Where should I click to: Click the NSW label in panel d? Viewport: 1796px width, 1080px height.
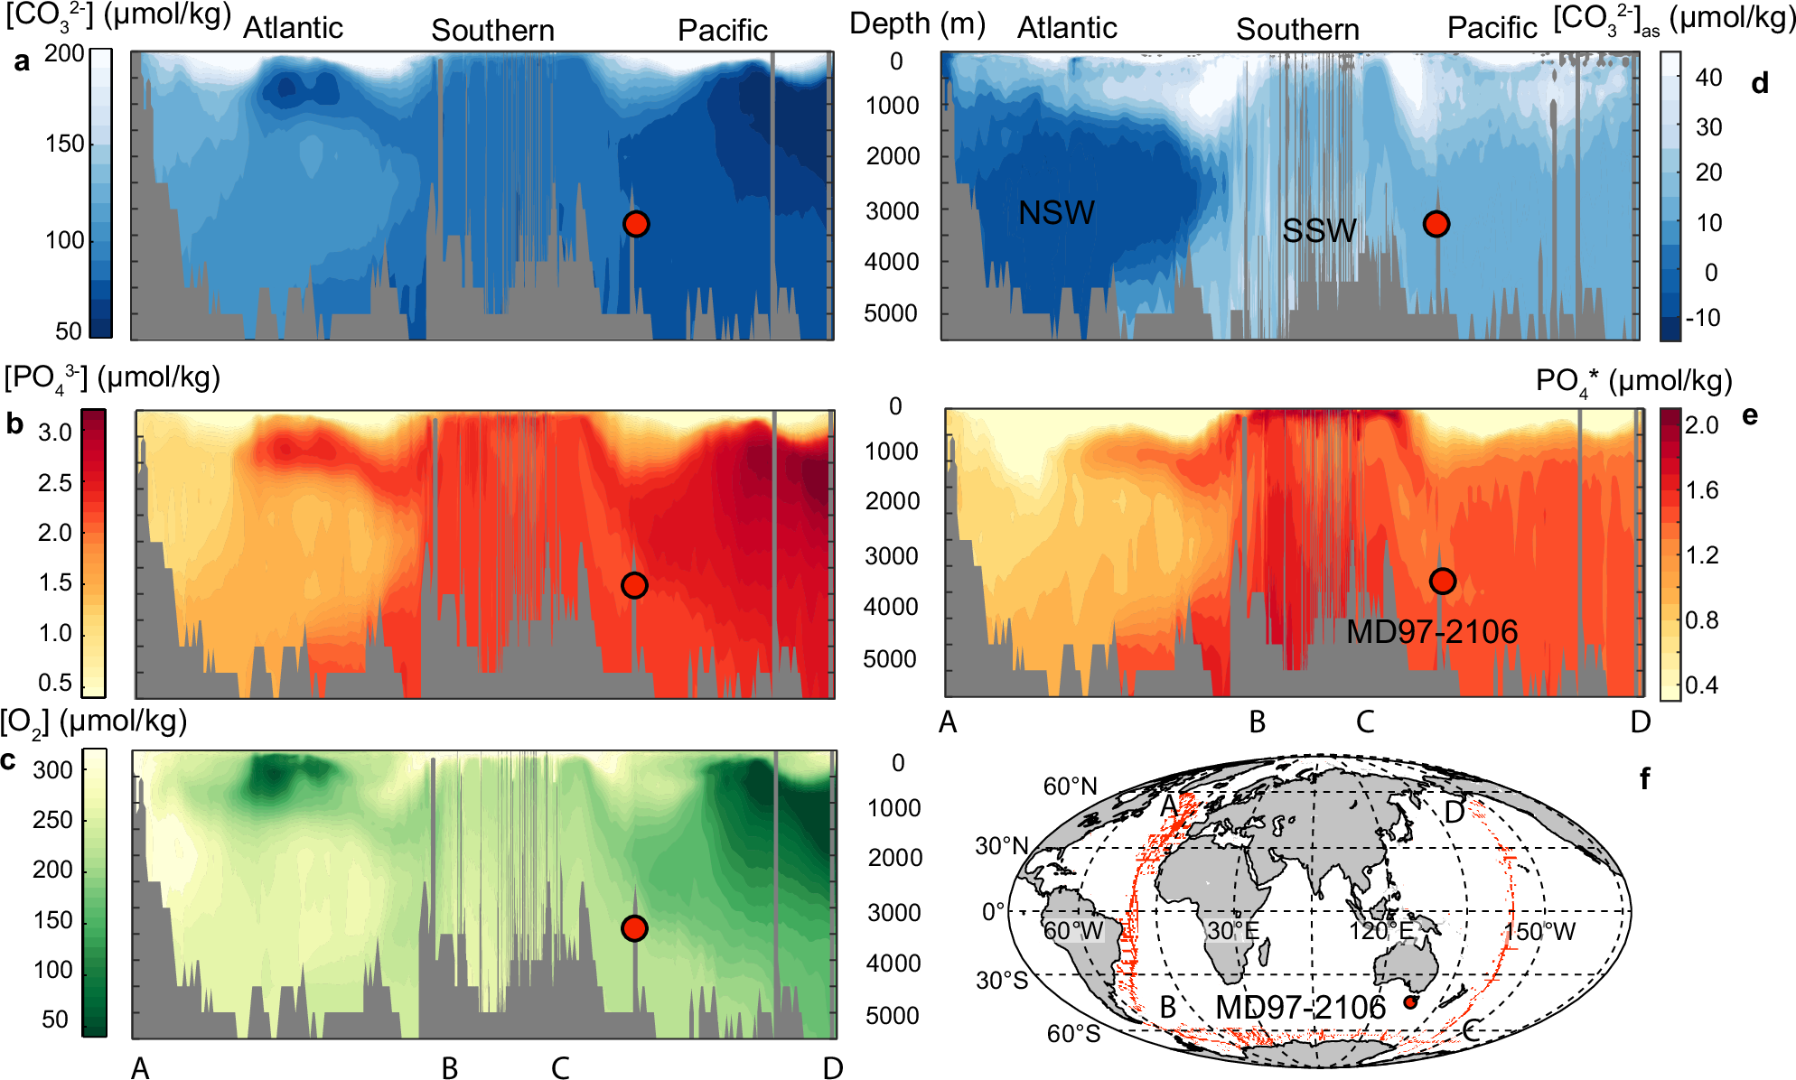(1055, 213)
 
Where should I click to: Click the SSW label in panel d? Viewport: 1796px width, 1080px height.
(1319, 231)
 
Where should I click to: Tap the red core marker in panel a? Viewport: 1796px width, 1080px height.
(636, 224)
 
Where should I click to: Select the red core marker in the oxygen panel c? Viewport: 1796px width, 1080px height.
(634, 928)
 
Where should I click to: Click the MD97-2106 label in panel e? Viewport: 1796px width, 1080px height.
(1431, 631)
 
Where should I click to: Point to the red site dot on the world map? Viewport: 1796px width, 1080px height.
(1409, 1002)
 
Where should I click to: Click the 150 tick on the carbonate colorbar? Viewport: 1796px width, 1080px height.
(65, 144)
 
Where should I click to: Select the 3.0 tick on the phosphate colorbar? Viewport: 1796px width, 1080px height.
(55, 433)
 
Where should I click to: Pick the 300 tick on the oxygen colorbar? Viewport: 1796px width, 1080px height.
(52, 770)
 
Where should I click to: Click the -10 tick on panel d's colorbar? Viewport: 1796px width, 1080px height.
(1702, 318)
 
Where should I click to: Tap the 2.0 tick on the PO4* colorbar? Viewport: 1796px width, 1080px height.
(1701, 425)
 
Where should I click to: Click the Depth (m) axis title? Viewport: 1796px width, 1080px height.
(917, 23)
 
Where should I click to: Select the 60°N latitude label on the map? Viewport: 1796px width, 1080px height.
(1070, 787)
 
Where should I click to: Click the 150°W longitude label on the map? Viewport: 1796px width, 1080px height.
(1539, 932)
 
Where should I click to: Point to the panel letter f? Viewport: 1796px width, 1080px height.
(1644, 778)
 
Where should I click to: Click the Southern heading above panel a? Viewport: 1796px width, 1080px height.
(492, 31)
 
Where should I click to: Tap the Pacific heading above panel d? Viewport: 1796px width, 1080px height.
(1492, 29)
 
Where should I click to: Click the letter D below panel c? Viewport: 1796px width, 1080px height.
(832, 1068)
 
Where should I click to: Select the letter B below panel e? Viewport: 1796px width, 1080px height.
(1257, 722)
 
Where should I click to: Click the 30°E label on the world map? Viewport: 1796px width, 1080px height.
(1232, 931)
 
